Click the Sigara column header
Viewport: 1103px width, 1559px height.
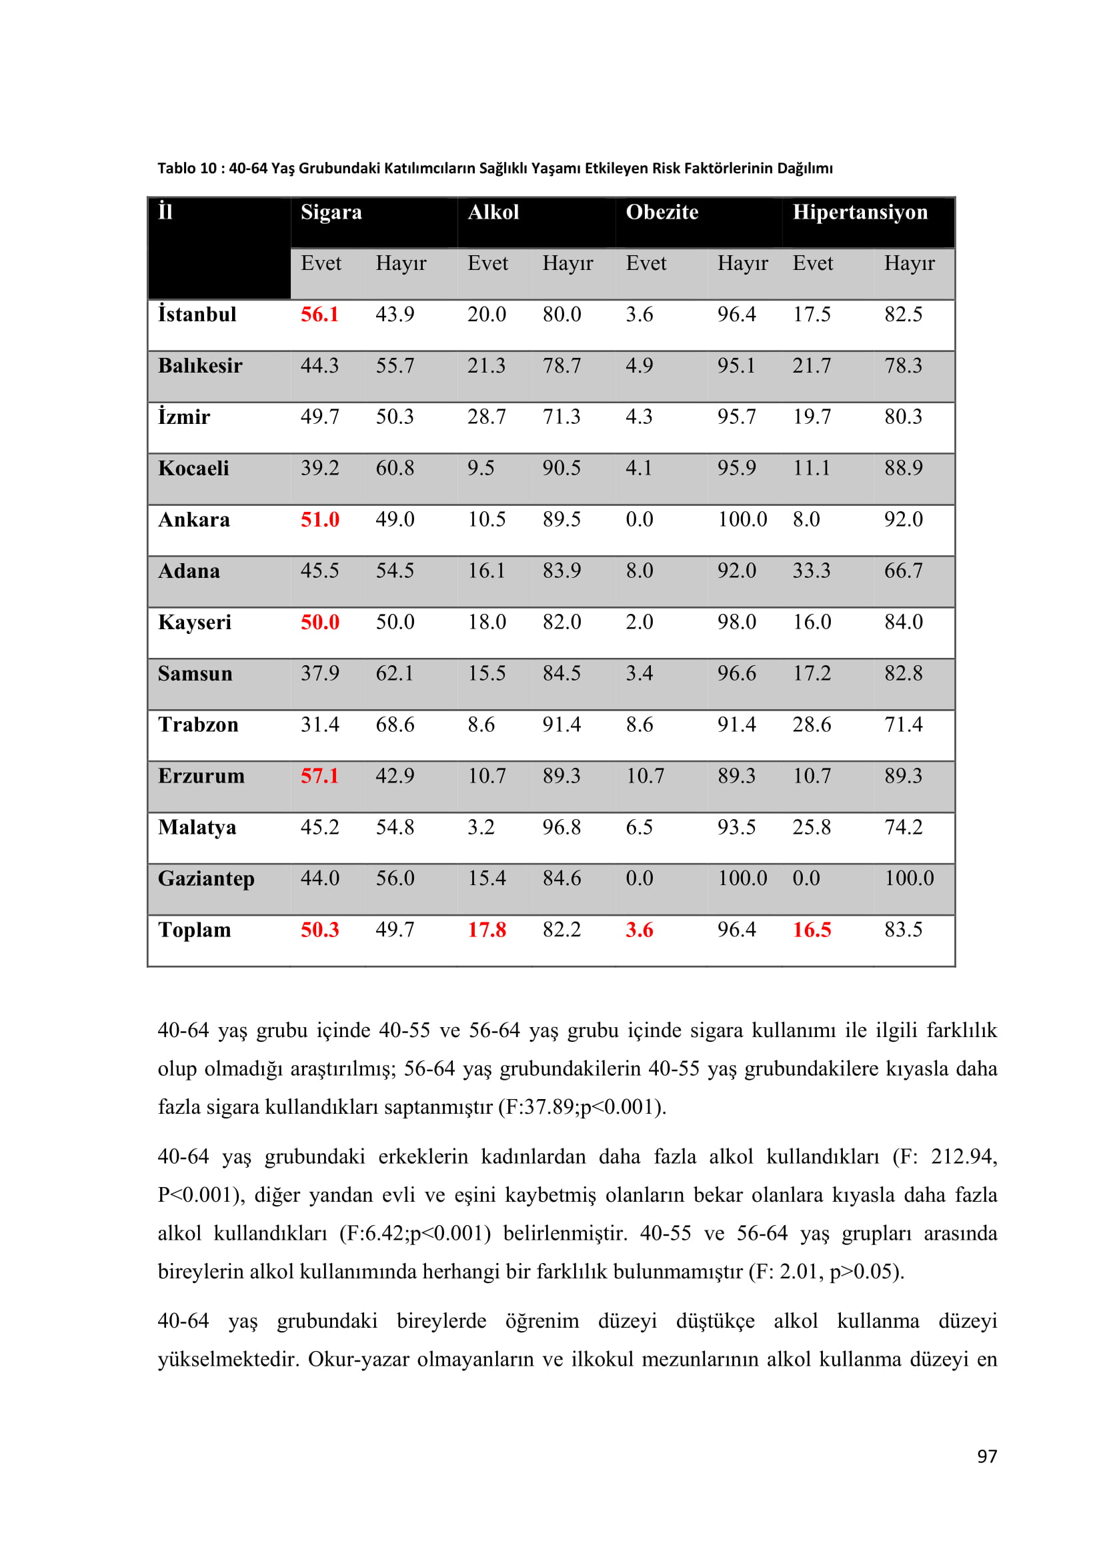331,213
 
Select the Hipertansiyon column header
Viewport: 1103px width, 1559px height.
860,213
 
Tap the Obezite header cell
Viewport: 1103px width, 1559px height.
662,213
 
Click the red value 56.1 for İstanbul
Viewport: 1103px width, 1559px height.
319,315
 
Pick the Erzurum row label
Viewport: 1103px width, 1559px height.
201,776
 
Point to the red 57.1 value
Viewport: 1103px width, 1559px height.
319,776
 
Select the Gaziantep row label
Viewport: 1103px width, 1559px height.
206,878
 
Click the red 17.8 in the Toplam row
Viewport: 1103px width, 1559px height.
486,930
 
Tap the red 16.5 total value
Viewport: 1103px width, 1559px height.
812,930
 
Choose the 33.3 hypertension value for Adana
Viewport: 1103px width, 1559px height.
811,571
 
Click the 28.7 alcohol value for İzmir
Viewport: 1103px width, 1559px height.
486,417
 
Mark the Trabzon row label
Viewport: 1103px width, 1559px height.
197,725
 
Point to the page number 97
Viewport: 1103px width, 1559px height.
987,1456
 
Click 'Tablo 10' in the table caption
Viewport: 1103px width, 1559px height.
187,169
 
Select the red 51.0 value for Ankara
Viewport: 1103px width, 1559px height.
319,520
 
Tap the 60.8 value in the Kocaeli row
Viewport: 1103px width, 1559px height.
395,469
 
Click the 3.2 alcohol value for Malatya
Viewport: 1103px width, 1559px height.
480,828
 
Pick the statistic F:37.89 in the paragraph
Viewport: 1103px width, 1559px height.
538,1107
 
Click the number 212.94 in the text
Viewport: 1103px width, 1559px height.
964,1156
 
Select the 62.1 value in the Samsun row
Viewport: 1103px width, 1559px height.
395,674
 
